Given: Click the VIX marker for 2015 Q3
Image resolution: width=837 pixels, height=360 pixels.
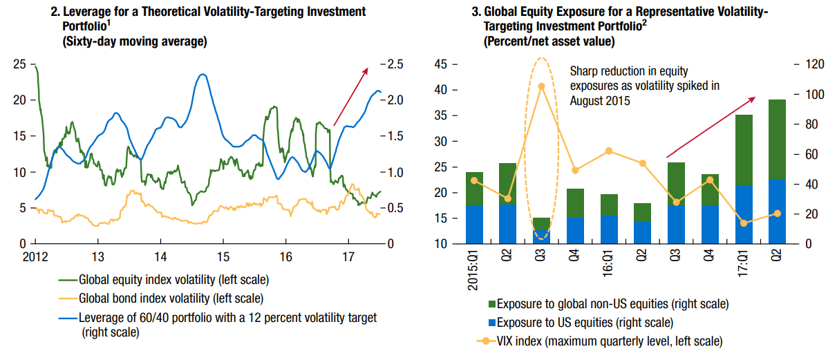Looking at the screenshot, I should [542, 86].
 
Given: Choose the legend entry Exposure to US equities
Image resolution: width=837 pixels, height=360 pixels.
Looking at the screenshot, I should [585, 322].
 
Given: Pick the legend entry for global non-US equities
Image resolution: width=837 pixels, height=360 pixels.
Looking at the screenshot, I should [612, 304].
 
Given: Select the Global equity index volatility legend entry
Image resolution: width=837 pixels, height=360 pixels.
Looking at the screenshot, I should [173, 281].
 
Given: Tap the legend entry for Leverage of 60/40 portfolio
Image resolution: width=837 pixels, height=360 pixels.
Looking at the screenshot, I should [227, 317].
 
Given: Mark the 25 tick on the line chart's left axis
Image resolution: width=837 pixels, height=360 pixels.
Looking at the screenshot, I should [20, 64].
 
